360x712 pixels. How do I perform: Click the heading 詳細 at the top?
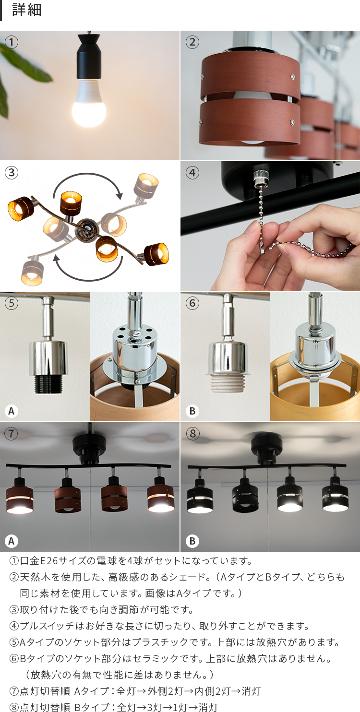click(27, 10)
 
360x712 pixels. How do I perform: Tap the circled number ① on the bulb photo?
click(12, 42)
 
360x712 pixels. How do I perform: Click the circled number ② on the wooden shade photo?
click(192, 42)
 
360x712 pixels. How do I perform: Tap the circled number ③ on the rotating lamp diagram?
click(12, 173)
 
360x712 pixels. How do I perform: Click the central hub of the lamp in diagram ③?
click(87, 228)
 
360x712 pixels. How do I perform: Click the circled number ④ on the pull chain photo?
click(192, 173)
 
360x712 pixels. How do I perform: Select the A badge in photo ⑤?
click(11, 411)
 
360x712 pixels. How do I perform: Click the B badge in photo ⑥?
click(192, 411)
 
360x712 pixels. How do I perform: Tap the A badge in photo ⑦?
click(11, 541)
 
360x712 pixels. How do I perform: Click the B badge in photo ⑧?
click(192, 541)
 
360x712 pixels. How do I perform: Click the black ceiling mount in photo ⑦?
click(89, 449)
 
